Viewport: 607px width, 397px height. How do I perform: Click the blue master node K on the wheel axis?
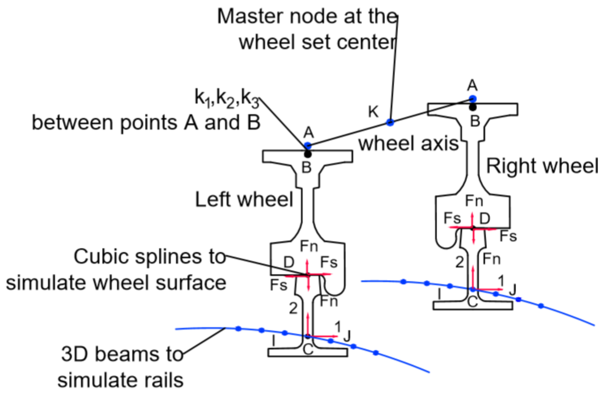pyautogui.click(x=390, y=122)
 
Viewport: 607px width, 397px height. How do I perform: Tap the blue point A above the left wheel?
pyautogui.click(x=308, y=146)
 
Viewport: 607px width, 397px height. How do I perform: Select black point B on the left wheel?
pyautogui.click(x=308, y=154)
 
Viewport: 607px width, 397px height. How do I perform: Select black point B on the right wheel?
pyautogui.click(x=473, y=107)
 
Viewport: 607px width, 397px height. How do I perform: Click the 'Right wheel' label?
pyautogui.click(x=542, y=166)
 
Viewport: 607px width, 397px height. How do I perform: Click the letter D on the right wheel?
pyautogui.click(x=485, y=218)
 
